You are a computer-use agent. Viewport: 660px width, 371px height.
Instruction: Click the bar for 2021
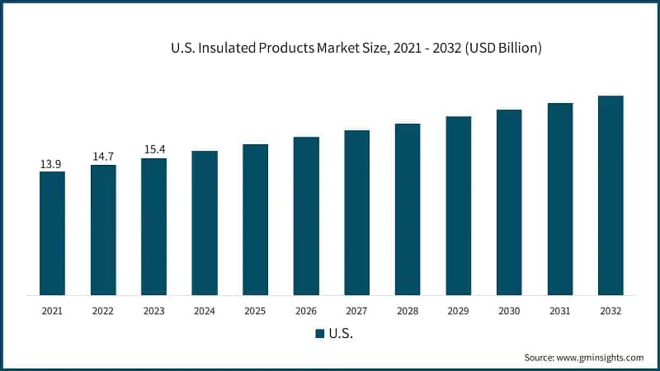52,233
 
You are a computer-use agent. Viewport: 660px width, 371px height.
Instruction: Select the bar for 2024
205,223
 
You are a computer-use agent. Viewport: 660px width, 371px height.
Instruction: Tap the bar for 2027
357,213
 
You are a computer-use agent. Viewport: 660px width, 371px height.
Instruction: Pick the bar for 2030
509,202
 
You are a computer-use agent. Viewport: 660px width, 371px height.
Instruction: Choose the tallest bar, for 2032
610,195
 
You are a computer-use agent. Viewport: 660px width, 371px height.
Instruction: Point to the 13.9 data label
51,164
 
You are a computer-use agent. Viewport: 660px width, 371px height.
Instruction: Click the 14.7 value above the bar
103,157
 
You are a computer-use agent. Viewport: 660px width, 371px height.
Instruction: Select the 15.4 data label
153,150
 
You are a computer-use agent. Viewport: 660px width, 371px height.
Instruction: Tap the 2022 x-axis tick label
103,312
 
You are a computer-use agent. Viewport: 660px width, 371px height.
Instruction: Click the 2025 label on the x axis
255,312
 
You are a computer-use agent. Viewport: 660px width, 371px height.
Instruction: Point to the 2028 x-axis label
408,312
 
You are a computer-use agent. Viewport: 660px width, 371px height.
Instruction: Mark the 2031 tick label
560,312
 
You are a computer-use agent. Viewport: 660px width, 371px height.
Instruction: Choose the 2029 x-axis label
459,312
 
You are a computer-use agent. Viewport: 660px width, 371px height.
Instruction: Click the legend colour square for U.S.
319,334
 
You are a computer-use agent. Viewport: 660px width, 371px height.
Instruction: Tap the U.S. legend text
341,334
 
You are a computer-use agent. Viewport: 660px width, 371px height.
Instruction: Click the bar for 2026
306,216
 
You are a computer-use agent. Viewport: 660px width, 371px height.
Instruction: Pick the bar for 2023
153,227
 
